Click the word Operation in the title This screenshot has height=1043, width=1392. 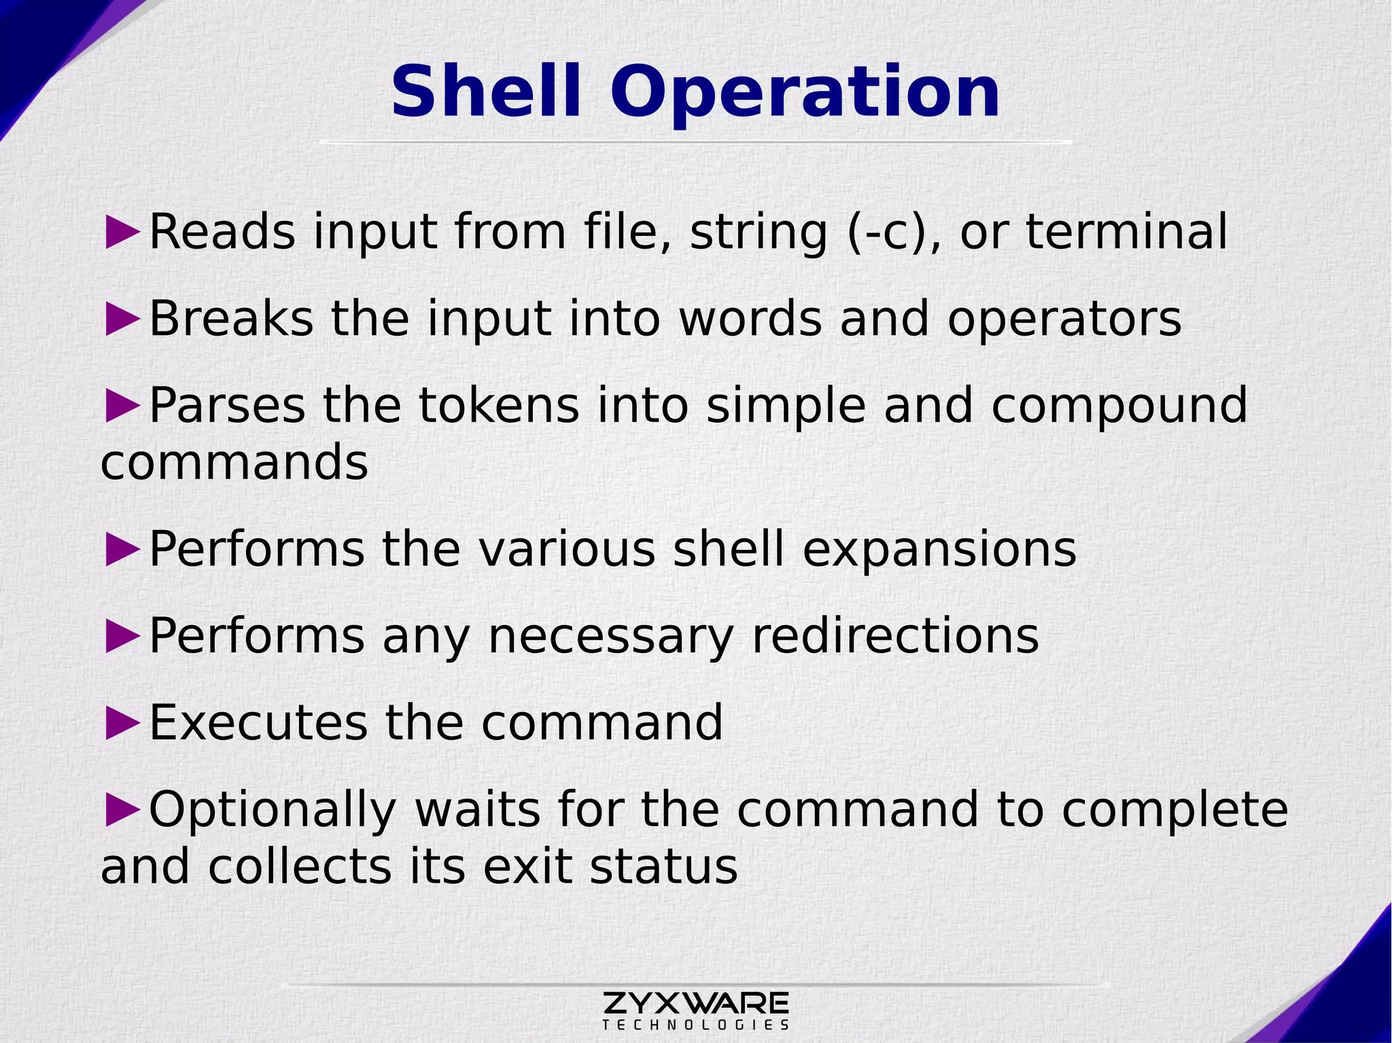coord(804,94)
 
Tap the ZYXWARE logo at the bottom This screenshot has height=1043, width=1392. coord(695,1002)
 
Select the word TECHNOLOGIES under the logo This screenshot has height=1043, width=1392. coord(695,1025)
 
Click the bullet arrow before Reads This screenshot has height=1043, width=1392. coord(123,232)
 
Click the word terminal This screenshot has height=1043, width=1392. coord(1126,232)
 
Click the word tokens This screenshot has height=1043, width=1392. coord(499,405)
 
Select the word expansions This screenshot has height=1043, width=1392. coord(939,550)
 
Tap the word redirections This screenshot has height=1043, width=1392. coord(894,637)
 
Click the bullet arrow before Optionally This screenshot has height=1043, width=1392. coord(123,809)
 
